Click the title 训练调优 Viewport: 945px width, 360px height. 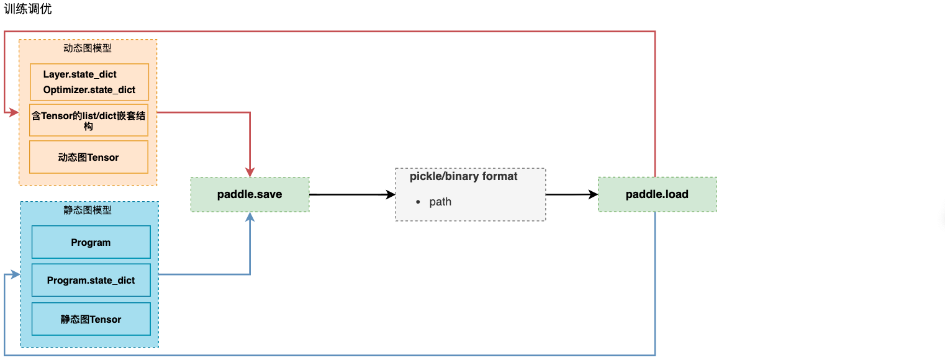(x=27, y=9)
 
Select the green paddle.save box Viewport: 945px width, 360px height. (x=250, y=194)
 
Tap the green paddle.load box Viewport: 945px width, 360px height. (x=657, y=194)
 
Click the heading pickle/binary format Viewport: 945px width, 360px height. (x=463, y=176)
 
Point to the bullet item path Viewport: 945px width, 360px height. (x=440, y=202)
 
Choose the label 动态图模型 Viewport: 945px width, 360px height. (x=88, y=48)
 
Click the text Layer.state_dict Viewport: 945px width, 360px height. (x=79, y=74)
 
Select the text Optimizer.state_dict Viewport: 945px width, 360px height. (x=89, y=90)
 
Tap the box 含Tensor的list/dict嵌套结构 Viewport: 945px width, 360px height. (x=89, y=120)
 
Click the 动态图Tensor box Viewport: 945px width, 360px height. (x=89, y=157)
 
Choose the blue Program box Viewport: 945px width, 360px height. (x=91, y=242)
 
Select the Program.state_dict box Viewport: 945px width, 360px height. (x=91, y=280)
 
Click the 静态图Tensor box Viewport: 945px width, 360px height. (x=91, y=319)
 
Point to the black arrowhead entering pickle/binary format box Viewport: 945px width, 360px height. (x=391, y=194)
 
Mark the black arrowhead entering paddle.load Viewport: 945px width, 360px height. (x=593, y=194)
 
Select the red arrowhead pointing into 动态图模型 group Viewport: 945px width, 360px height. (x=14, y=112)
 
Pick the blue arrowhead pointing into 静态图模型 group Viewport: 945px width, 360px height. (x=16, y=274)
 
